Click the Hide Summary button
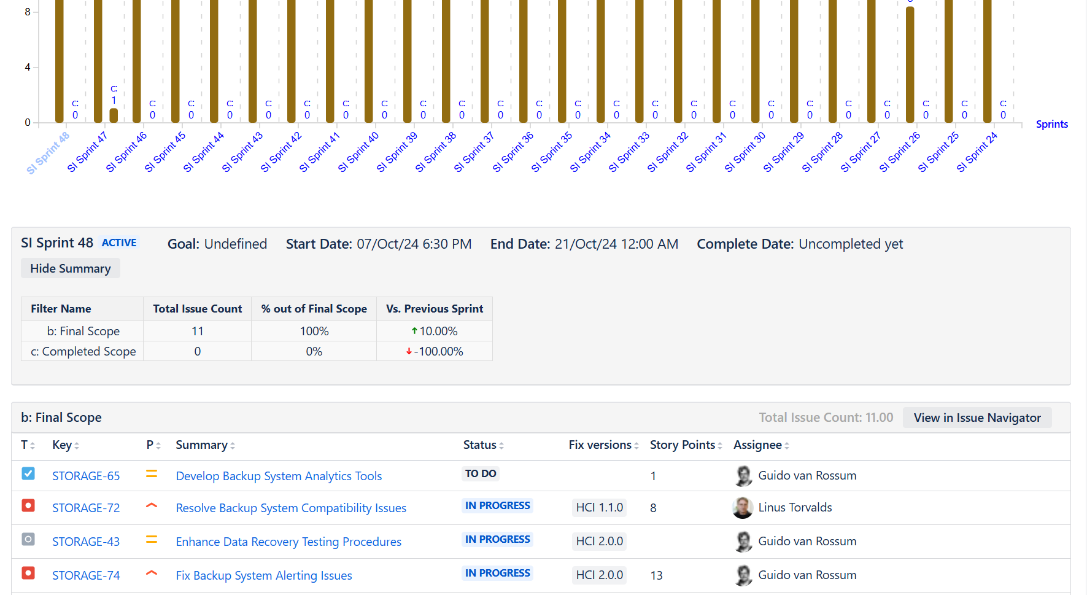71,268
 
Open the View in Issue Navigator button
977,418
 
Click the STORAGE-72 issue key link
86,508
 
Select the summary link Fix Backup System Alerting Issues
264,575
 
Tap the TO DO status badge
481,473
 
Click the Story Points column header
683,445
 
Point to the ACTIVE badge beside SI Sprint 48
119,243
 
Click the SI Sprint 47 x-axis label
87,152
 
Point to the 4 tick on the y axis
28,67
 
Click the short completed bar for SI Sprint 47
114,115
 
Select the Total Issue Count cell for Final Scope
197,331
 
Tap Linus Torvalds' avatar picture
743,508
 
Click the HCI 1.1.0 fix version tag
599,507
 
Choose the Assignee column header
757,445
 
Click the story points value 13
656,575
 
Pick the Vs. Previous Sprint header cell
435,309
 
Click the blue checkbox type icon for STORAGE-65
28,473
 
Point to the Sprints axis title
1051,124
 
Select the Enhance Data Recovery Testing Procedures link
288,542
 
